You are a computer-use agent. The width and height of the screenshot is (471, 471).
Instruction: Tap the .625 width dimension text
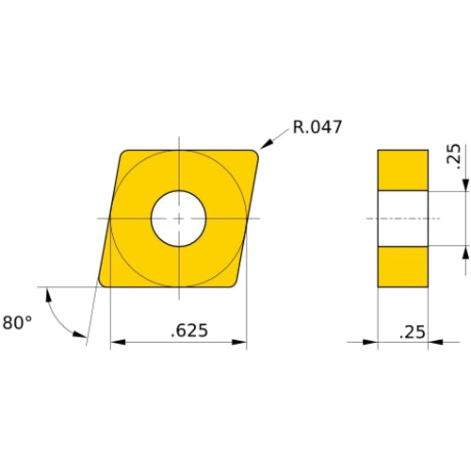pyautogui.click(x=190, y=331)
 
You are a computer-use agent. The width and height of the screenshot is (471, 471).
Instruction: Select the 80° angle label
pyautogui.click(x=16, y=322)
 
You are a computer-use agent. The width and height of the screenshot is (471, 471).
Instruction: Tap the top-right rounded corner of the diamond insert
pyautogui.click(x=254, y=154)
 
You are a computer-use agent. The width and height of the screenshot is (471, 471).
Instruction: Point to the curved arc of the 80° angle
pyautogui.click(x=57, y=316)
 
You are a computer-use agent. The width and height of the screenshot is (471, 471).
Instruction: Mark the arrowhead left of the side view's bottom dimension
pyautogui.click(x=371, y=343)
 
